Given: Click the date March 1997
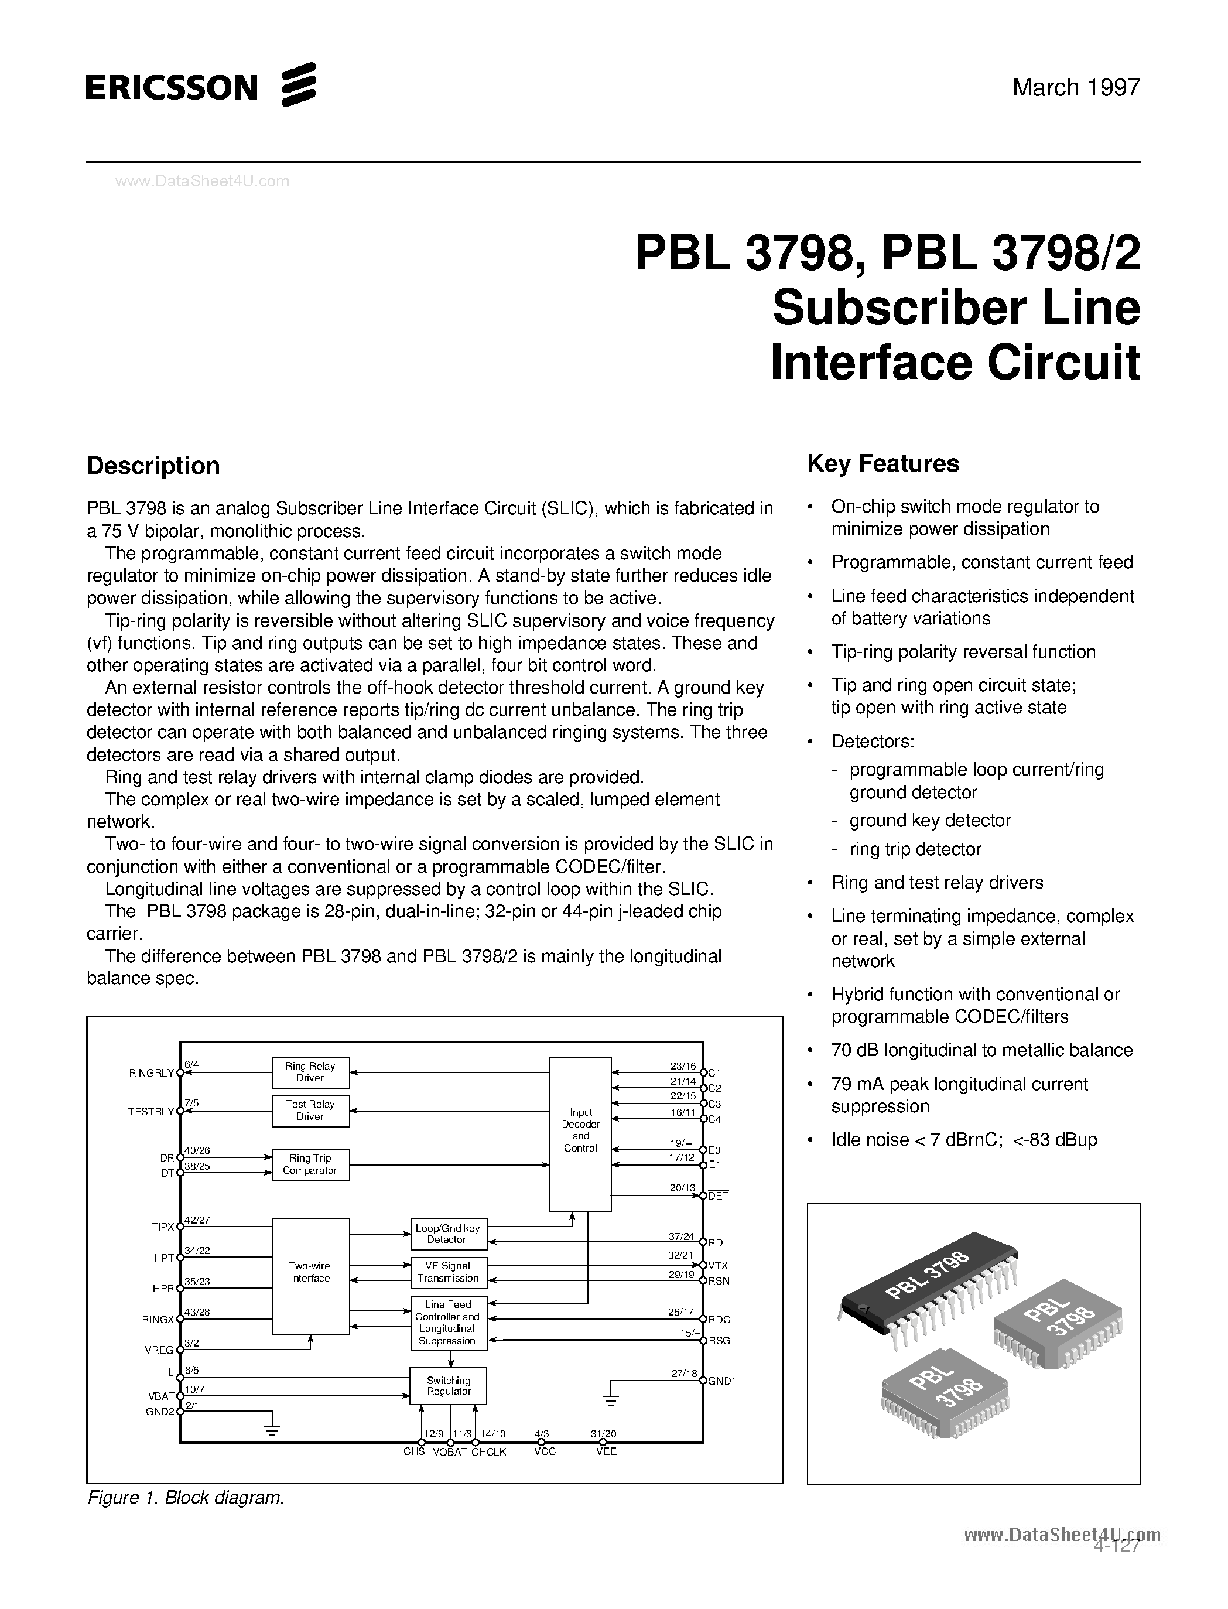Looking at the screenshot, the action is click(1076, 88).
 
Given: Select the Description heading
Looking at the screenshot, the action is click(153, 466).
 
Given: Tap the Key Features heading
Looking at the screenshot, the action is click(883, 463).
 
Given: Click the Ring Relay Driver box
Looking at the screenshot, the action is click(310, 1072).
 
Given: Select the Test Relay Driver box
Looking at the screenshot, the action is click(310, 1110).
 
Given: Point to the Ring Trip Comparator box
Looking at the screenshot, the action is click(310, 1164).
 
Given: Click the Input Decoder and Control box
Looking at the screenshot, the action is click(580, 1133).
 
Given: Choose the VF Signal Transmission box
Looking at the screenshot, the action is click(447, 1272).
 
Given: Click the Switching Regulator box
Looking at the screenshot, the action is click(448, 1385).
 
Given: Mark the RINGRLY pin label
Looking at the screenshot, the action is click(151, 1073).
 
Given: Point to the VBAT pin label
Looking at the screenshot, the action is click(161, 1396).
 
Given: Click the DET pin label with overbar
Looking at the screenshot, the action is click(718, 1196).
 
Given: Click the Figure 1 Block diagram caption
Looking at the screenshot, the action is click(185, 1498).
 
